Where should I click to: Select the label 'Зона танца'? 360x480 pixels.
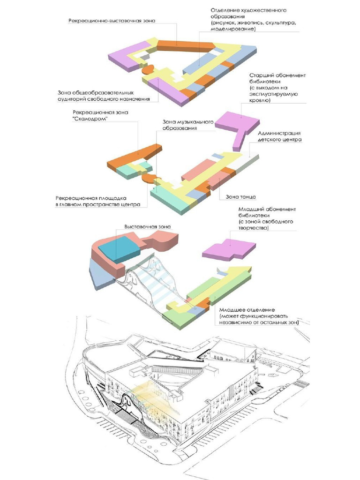(240, 196)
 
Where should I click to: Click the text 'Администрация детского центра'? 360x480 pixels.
(279, 136)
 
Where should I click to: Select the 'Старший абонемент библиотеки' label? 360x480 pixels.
(277, 88)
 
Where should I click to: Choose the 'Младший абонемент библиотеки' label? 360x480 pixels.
(267, 218)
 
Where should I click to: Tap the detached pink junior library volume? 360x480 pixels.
(230, 250)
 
